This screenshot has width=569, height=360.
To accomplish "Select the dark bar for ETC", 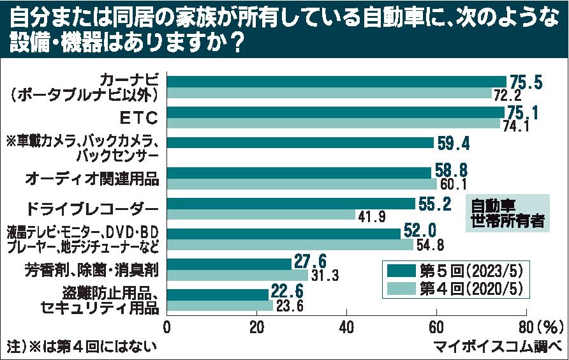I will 336,112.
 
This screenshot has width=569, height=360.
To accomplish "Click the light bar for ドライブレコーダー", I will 261,215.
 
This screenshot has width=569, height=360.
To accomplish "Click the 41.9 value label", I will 371,216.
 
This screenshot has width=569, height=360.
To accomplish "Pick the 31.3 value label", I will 324,276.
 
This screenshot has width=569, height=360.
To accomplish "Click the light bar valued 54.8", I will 290,244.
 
